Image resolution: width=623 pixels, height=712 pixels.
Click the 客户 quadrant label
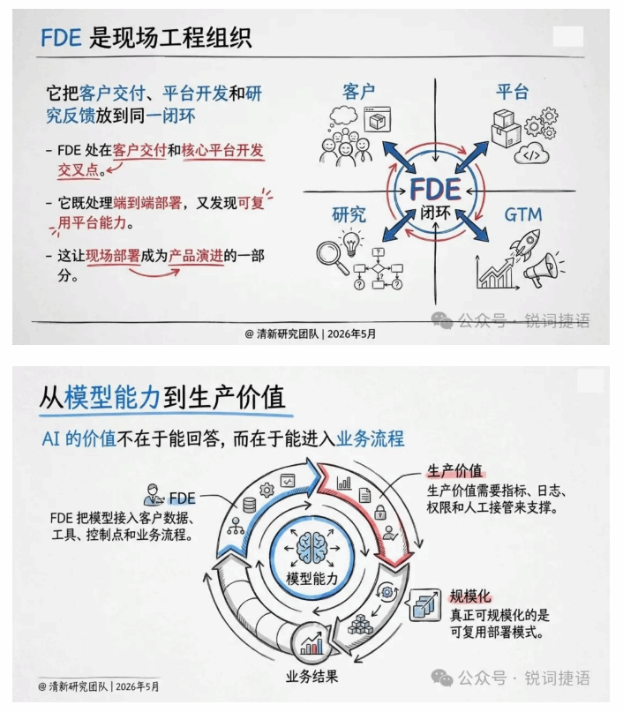(x=359, y=92)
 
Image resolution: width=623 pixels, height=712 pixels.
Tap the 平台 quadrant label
(x=512, y=92)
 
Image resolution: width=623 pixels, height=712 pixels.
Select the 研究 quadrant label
(x=349, y=214)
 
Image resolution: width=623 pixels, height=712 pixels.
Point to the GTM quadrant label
(x=523, y=214)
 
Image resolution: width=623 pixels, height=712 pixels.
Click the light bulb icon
(x=351, y=242)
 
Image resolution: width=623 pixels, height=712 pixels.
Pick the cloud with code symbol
(x=531, y=154)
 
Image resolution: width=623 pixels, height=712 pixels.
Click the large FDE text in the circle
(x=435, y=189)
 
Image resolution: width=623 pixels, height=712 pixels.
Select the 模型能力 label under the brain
(x=312, y=579)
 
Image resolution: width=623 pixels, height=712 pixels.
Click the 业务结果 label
(x=311, y=677)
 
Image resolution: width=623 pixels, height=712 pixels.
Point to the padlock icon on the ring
(x=379, y=512)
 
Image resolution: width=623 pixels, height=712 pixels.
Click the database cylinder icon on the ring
(x=250, y=505)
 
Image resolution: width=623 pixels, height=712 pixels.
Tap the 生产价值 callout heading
(x=454, y=471)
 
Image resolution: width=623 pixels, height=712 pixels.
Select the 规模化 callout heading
(x=470, y=596)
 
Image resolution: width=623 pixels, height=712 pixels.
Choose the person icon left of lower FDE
(x=153, y=495)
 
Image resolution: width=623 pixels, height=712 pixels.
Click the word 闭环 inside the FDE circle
(x=435, y=213)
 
